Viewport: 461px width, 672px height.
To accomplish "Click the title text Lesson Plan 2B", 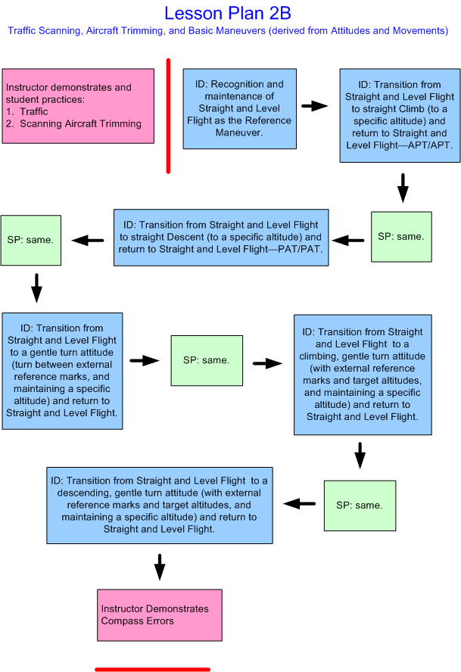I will tap(227, 13).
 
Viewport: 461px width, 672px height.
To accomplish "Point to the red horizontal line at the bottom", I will tap(152, 669).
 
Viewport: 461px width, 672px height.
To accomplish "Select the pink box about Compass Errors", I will tap(160, 614).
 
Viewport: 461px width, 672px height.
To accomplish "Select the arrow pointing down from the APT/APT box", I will tap(403, 187).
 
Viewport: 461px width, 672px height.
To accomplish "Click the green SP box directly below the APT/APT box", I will tap(401, 237).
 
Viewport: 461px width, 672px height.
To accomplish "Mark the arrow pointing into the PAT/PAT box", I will tap(348, 241).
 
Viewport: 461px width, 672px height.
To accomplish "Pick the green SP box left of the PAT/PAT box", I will tap(30, 240).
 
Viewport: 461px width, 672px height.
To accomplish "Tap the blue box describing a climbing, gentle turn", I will tap(363, 375).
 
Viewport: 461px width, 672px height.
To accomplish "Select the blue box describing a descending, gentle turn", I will tap(159, 505).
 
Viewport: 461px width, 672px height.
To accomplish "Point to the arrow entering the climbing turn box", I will tap(267, 363).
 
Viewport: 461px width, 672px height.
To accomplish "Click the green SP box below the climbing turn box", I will tap(360, 505).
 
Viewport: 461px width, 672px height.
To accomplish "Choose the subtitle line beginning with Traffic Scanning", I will tap(227, 31).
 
